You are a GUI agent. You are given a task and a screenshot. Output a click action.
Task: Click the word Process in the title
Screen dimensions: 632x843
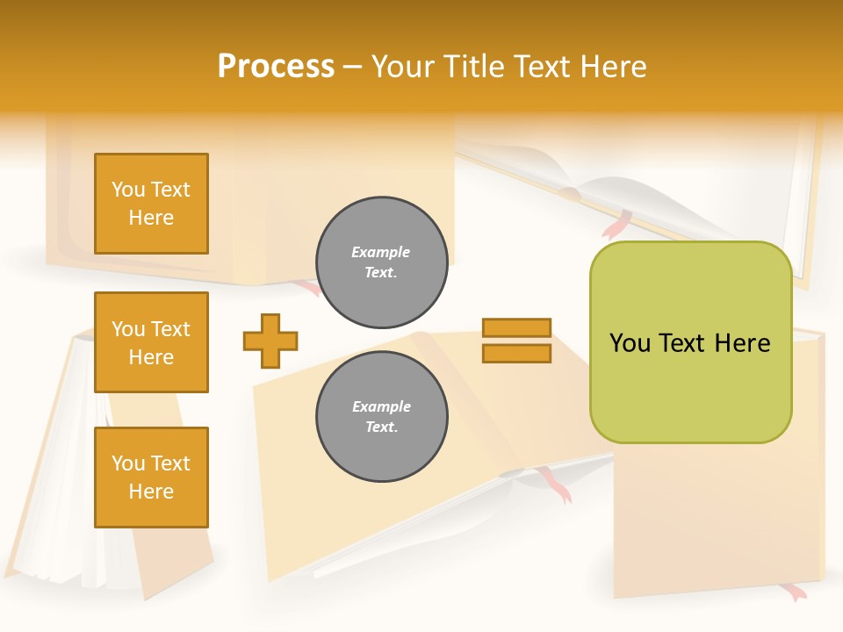click(276, 67)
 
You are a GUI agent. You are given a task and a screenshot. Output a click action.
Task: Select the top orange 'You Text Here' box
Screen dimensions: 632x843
click(151, 204)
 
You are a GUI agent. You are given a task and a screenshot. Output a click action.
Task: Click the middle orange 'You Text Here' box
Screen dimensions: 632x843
click(151, 342)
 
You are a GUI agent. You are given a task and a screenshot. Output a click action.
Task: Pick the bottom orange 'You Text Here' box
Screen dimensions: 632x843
click(151, 478)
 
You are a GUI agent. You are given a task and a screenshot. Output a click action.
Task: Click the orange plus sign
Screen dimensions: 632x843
click(270, 341)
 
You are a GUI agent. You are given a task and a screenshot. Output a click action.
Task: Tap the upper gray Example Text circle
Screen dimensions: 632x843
click(382, 262)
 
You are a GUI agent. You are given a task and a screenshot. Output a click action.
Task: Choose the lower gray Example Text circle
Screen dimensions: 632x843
click(382, 417)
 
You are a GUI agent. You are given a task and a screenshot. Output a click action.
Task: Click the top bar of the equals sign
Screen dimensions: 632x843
click(516, 327)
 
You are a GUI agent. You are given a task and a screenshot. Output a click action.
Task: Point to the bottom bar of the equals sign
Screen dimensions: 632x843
click(516, 353)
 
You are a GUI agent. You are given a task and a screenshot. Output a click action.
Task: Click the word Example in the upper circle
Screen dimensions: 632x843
click(381, 252)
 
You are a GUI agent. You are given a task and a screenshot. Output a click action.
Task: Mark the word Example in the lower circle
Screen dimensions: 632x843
click(381, 406)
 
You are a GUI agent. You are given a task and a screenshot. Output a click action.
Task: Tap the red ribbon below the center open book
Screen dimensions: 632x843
click(553, 485)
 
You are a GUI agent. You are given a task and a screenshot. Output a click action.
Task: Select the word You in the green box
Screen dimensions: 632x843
click(629, 343)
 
